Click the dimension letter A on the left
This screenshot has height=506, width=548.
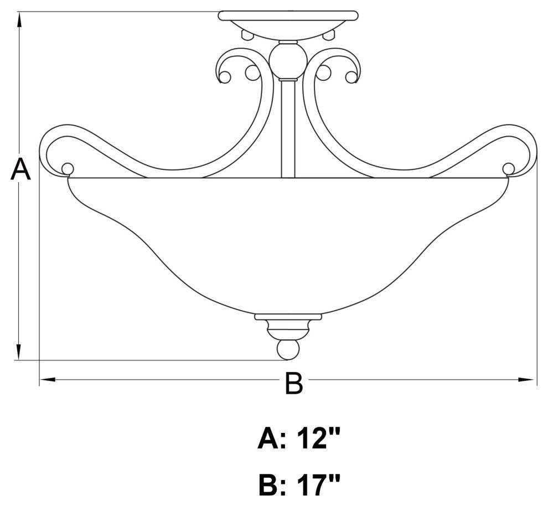pyautogui.click(x=20, y=169)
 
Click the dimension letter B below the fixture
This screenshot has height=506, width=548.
pyautogui.click(x=294, y=383)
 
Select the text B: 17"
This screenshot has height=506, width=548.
pyautogui.click(x=298, y=486)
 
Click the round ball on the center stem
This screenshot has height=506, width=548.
pyautogui.click(x=287, y=60)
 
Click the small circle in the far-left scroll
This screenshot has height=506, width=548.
pyautogui.click(x=68, y=168)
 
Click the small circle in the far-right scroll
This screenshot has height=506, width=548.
pyautogui.click(x=508, y=168)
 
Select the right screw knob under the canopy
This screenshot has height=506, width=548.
pyautogui.click(x=329, y=35)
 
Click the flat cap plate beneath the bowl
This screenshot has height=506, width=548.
pyautogui.click(x=288, y=317)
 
